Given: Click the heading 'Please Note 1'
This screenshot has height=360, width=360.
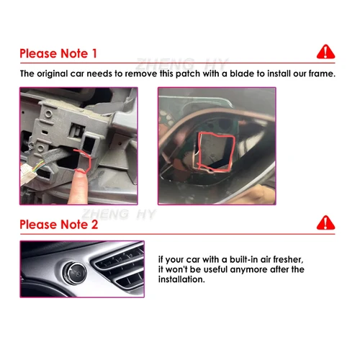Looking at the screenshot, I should click(x=58, y=53).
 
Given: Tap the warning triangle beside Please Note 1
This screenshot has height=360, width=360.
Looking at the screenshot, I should click(x=326, y=51).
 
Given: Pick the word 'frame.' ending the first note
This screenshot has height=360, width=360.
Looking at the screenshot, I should click(x=320, y=73).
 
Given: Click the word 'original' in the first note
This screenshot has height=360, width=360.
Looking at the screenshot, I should click(x=53, y=73).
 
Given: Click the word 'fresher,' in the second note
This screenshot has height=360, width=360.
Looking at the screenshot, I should click(x=296, y=258).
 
